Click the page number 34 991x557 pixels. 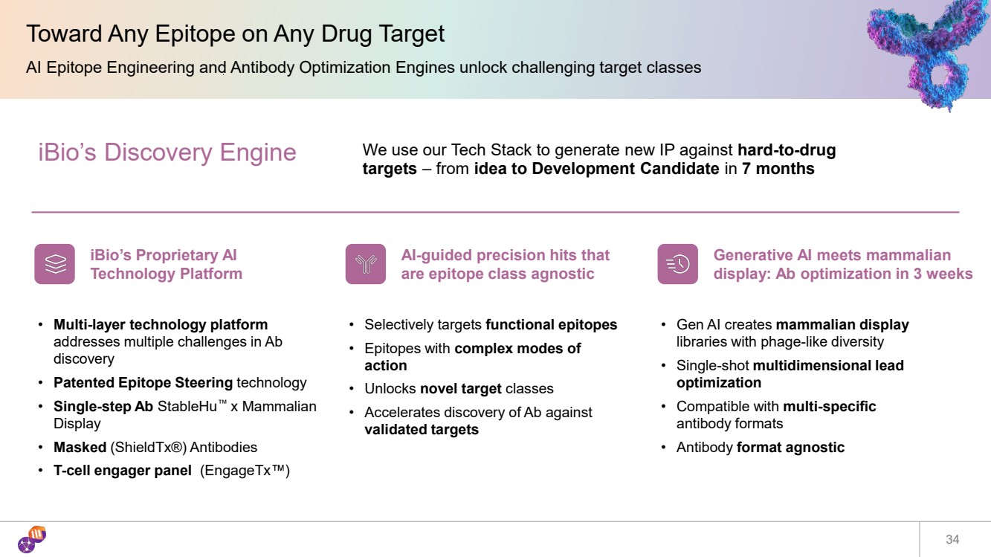952,539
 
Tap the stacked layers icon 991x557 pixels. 55,264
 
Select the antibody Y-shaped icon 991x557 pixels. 366,264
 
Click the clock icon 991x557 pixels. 677,264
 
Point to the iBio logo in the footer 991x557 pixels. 32,539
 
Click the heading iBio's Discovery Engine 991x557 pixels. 167,152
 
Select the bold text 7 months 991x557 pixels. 778,169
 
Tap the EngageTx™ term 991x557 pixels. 245,470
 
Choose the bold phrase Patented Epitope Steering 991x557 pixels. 143,383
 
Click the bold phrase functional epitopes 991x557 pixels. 551,325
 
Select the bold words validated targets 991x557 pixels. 422,430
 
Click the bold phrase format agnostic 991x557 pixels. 790,447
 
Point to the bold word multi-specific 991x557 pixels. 829,406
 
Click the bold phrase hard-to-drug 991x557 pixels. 787,150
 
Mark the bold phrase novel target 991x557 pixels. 460,388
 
